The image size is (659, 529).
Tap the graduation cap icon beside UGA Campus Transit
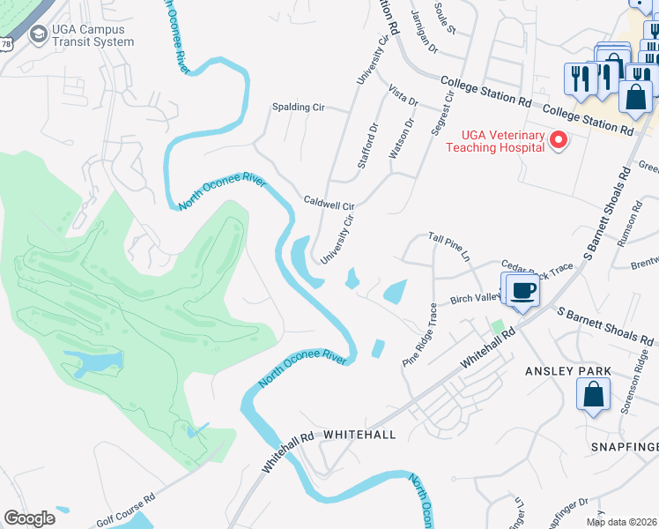coord(39,34)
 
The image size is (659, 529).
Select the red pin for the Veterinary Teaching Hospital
coord(557,140)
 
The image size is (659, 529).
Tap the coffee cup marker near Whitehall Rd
coord(522,291)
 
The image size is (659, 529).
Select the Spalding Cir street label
coord(299,108)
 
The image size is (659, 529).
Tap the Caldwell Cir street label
coord(328,204)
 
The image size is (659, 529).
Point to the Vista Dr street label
coord(403,95)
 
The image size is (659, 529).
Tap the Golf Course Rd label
coord(125,510)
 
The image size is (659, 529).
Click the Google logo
coord(29,518)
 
